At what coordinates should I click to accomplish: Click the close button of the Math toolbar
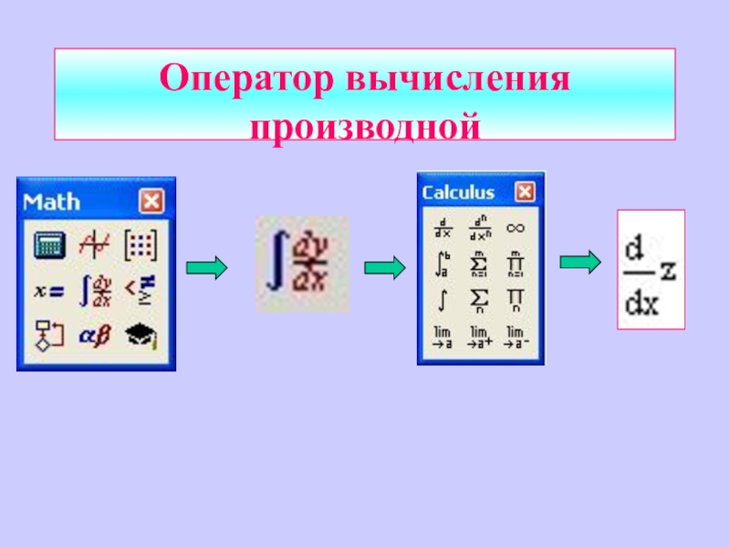click(151, 201)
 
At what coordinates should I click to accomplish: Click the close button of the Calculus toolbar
click(525, 192)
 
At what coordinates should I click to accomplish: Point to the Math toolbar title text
click(52, 201)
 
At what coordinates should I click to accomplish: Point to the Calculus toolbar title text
click(458, 192)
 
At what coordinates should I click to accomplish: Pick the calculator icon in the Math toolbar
click(47, 244)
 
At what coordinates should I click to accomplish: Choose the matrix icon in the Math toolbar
click(141, 244)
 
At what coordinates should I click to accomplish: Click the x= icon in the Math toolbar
click(47, 291)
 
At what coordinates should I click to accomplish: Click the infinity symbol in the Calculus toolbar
click(516, 228)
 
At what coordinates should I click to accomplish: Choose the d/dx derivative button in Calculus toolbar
click(443, 228)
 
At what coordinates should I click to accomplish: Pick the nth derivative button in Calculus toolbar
click(479, 228)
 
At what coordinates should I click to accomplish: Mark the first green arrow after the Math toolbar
click(206, 267)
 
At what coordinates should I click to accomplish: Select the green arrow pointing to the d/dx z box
click(579, 263)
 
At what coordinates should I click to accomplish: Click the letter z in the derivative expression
click(668, 270)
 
